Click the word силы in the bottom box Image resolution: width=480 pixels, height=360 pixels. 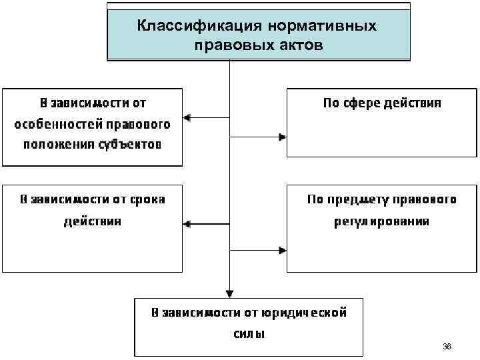249,334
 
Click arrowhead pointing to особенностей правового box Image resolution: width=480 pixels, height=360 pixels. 187,118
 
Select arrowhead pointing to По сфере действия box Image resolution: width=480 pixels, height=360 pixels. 283,137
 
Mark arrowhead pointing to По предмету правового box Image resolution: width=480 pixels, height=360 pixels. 283,251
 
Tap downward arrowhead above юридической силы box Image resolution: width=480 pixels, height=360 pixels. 229,293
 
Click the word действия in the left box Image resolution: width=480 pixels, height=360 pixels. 93,221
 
